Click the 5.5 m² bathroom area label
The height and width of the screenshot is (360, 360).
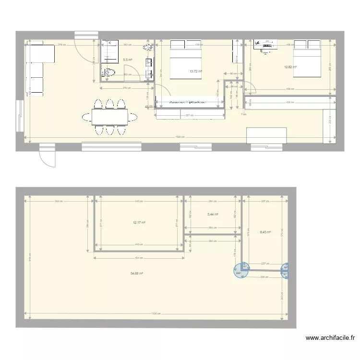(128, 60)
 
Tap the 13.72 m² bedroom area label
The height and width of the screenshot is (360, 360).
(196, 72)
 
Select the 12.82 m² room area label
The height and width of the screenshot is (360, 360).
(290, 67)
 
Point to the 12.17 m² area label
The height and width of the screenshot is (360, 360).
(139, 222)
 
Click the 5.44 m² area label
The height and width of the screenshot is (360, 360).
(213, 215)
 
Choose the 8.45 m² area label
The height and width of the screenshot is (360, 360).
(265, 232)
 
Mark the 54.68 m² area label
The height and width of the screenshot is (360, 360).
(137, 273)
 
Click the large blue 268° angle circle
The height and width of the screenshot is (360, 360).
(238, 272)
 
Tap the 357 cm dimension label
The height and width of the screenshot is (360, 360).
(191, 115)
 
